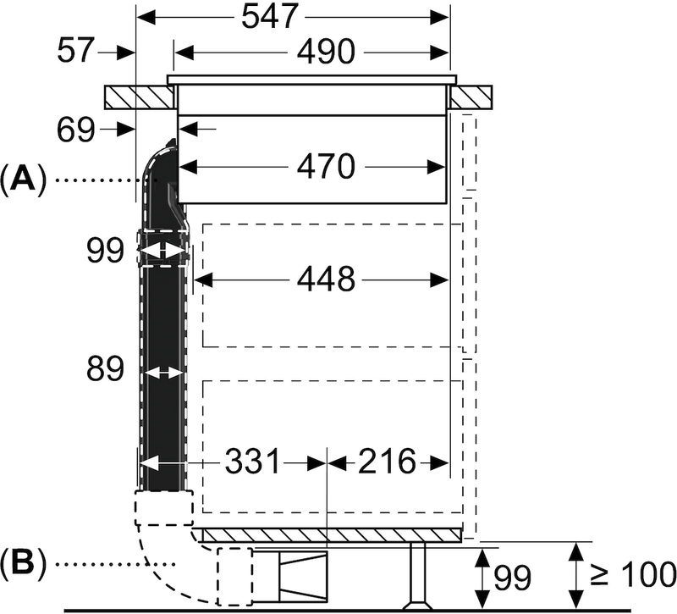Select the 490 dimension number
point(325,53)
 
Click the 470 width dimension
point(325,167)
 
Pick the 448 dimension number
point(325,279)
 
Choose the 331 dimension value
point(251,462)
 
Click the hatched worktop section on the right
point(471,97)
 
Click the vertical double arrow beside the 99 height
point(481,577)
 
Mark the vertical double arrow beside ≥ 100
point(579,577)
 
